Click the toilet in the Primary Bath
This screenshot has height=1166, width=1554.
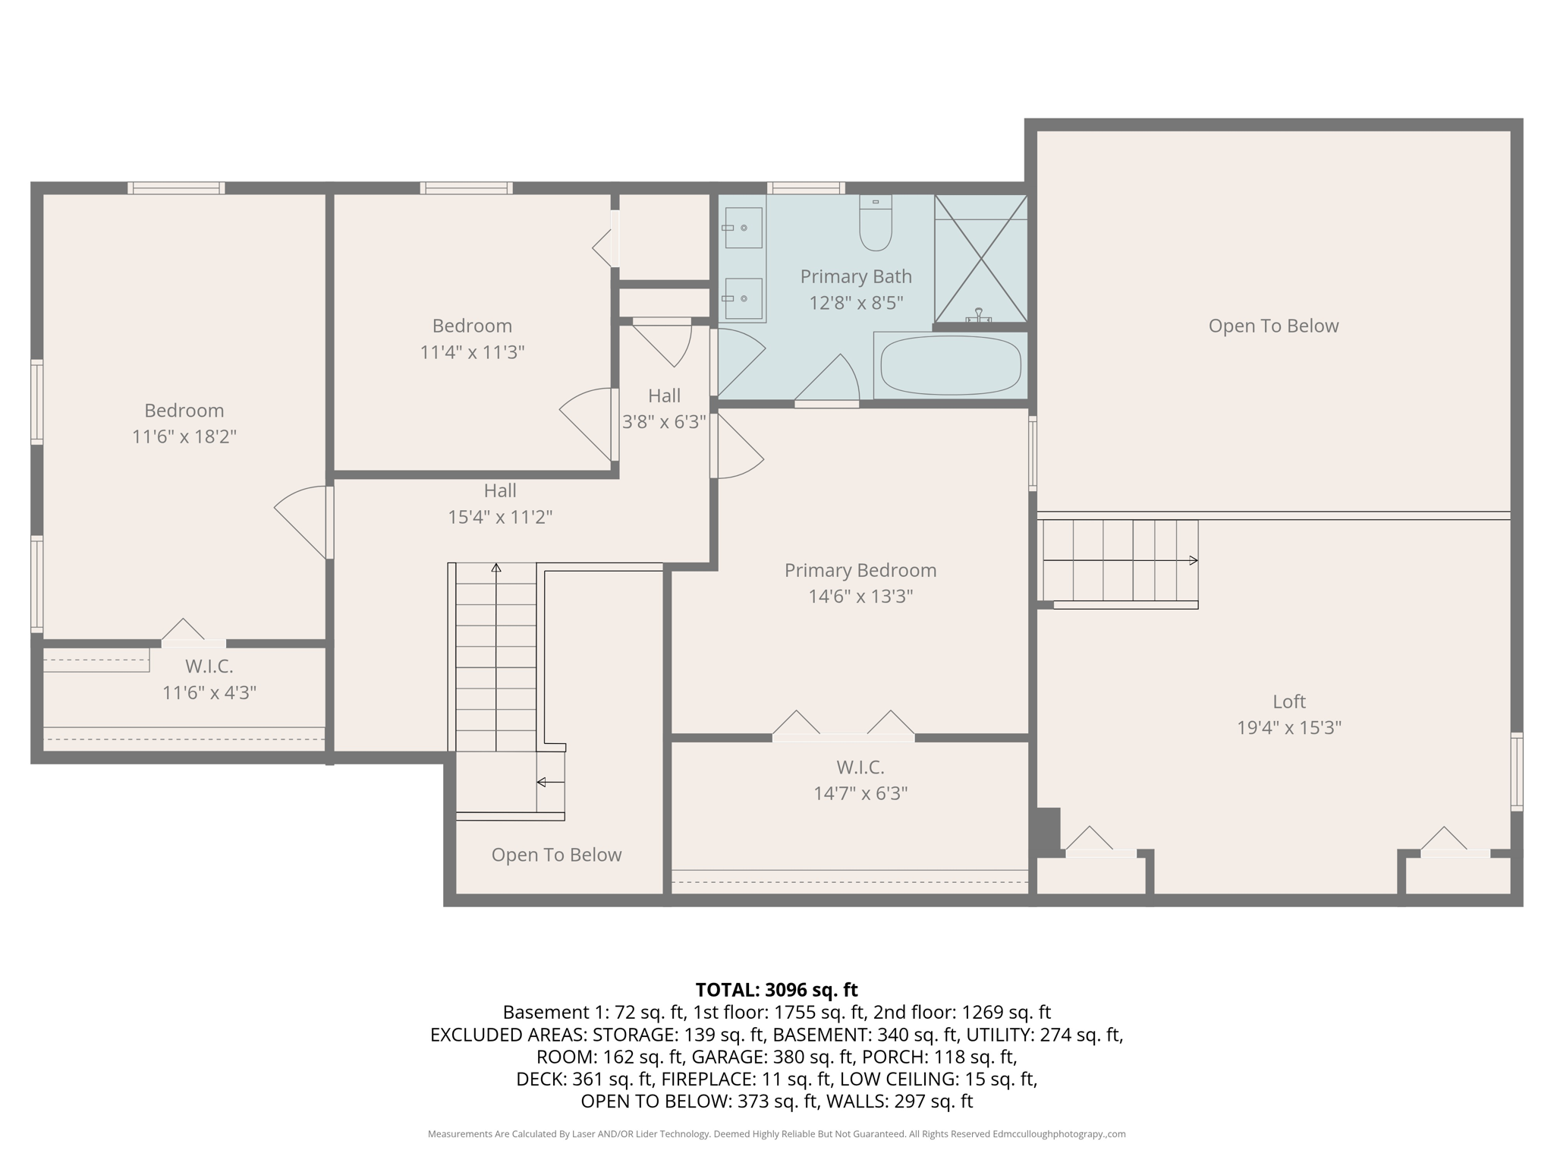point(876,224)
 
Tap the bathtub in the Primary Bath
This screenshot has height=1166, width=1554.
point(950,366)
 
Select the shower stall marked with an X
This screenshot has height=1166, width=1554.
point(980,259)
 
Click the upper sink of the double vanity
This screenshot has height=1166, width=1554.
point(743,228)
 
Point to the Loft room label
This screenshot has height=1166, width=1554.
point(1288,701)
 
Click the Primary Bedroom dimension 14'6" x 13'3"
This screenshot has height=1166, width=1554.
point(860,597)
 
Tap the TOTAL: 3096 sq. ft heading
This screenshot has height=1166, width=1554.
point(776,990)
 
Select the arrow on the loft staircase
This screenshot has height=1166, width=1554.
point(1193,560)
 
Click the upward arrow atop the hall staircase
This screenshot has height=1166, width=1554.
point(496,568)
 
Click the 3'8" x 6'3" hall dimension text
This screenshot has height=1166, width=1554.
point(664,422)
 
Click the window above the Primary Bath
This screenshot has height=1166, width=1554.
point(805,188)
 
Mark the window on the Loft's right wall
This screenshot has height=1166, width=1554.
point(1516,771)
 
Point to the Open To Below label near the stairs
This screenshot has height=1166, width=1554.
point(556,855)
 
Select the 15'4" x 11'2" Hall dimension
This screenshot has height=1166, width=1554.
point(499,518)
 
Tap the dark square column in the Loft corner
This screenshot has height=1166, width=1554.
point(1048,830)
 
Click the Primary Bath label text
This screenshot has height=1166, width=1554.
point(855,277)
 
